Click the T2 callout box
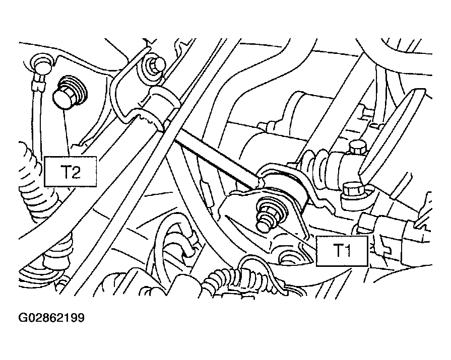tap(70, 172)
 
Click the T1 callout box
tap(342, 251)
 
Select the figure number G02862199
tap(51, 318)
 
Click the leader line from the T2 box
tap(67, 133)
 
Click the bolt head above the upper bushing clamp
tap(156, 68)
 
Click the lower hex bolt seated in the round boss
tap(353, 190)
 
